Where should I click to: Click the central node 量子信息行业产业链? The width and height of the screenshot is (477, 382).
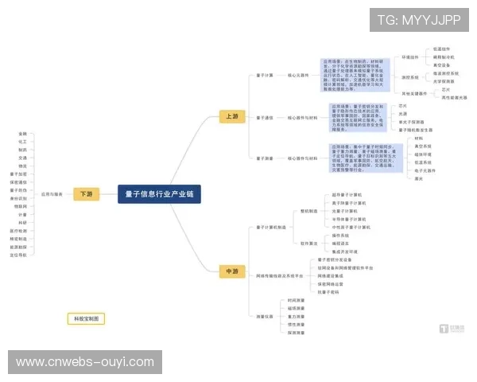160,193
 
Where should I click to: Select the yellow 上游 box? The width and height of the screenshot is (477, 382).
231,116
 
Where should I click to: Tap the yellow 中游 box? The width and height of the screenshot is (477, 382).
231,271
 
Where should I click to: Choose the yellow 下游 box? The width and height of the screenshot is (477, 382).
85,193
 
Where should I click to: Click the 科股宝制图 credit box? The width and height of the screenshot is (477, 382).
85,318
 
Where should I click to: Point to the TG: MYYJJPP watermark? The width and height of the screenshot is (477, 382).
418,20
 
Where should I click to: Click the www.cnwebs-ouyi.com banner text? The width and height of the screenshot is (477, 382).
85,362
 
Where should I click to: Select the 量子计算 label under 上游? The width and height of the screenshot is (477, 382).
265,76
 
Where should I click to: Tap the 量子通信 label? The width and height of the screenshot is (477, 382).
265,117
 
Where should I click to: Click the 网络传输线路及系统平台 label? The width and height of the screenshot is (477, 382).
281,275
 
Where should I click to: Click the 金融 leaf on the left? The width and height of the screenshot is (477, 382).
22,133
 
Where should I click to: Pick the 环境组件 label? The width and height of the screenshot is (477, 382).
409,57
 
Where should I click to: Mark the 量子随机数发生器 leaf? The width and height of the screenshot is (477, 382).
416,130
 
